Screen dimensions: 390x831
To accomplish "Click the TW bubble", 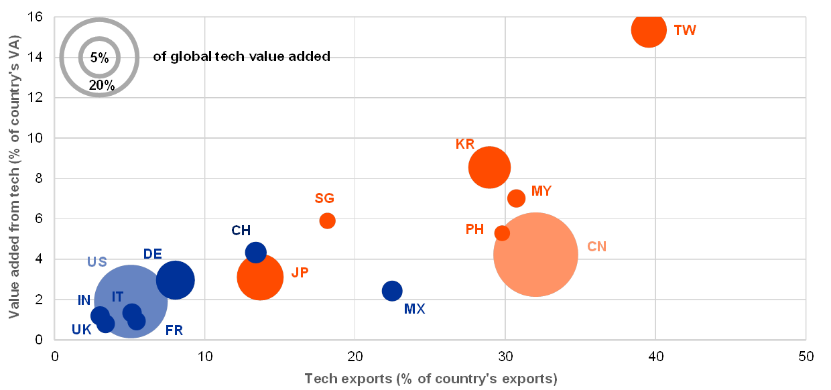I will (648, 29).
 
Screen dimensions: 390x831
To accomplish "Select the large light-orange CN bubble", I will (535, 254).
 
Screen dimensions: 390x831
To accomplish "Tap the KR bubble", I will (489, 168).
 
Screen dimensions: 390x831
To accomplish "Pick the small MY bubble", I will (516, 198).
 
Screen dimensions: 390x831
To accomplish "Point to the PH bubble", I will (502, 233).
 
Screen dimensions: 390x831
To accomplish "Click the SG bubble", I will (327, 220).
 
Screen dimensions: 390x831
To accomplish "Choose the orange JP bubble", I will (260, 277).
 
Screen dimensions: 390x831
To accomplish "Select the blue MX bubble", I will (392, 290).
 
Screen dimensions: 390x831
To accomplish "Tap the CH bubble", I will (255, 252).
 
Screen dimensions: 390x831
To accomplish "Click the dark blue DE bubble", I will (176, 280).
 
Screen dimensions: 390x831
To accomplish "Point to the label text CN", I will (596, 247).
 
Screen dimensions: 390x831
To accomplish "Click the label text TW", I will (685, 30).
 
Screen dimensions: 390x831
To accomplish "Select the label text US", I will (97, 261).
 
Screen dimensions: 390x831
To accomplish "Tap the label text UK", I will (82, 329).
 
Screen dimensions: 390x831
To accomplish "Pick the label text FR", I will (174, 330).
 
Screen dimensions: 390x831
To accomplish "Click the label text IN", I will (84, 300).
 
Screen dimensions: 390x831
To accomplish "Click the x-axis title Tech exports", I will (431, 379).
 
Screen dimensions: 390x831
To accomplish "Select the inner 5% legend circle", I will (99, 57).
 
